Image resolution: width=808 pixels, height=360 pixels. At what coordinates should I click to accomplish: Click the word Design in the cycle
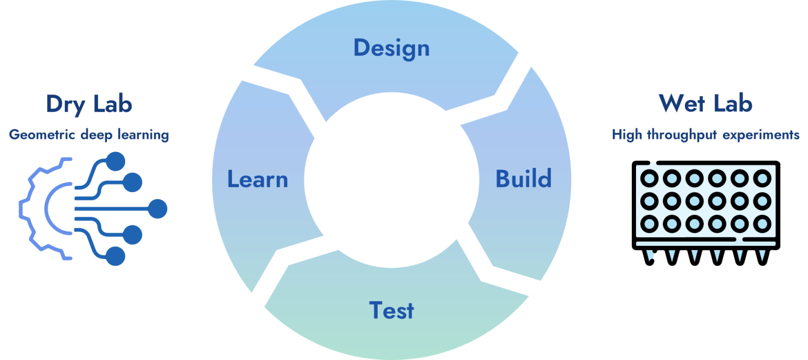pos(391,48)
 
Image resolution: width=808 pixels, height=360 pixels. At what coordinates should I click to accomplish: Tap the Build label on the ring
pos(523,179)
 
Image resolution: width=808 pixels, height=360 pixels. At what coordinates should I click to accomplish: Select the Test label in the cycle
pos(391,310)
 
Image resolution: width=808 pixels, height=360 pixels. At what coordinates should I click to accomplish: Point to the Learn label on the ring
pos(257,179)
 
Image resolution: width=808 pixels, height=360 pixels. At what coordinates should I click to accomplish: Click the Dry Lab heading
pos(89,104)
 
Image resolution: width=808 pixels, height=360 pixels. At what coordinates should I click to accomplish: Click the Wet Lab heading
pos(705,104)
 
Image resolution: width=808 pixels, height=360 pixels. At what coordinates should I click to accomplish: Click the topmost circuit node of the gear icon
pos(115,161)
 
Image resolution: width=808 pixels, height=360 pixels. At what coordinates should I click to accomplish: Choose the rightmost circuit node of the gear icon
pos(157,209)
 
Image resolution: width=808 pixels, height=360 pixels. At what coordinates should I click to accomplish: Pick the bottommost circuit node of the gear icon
pos(115,257)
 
